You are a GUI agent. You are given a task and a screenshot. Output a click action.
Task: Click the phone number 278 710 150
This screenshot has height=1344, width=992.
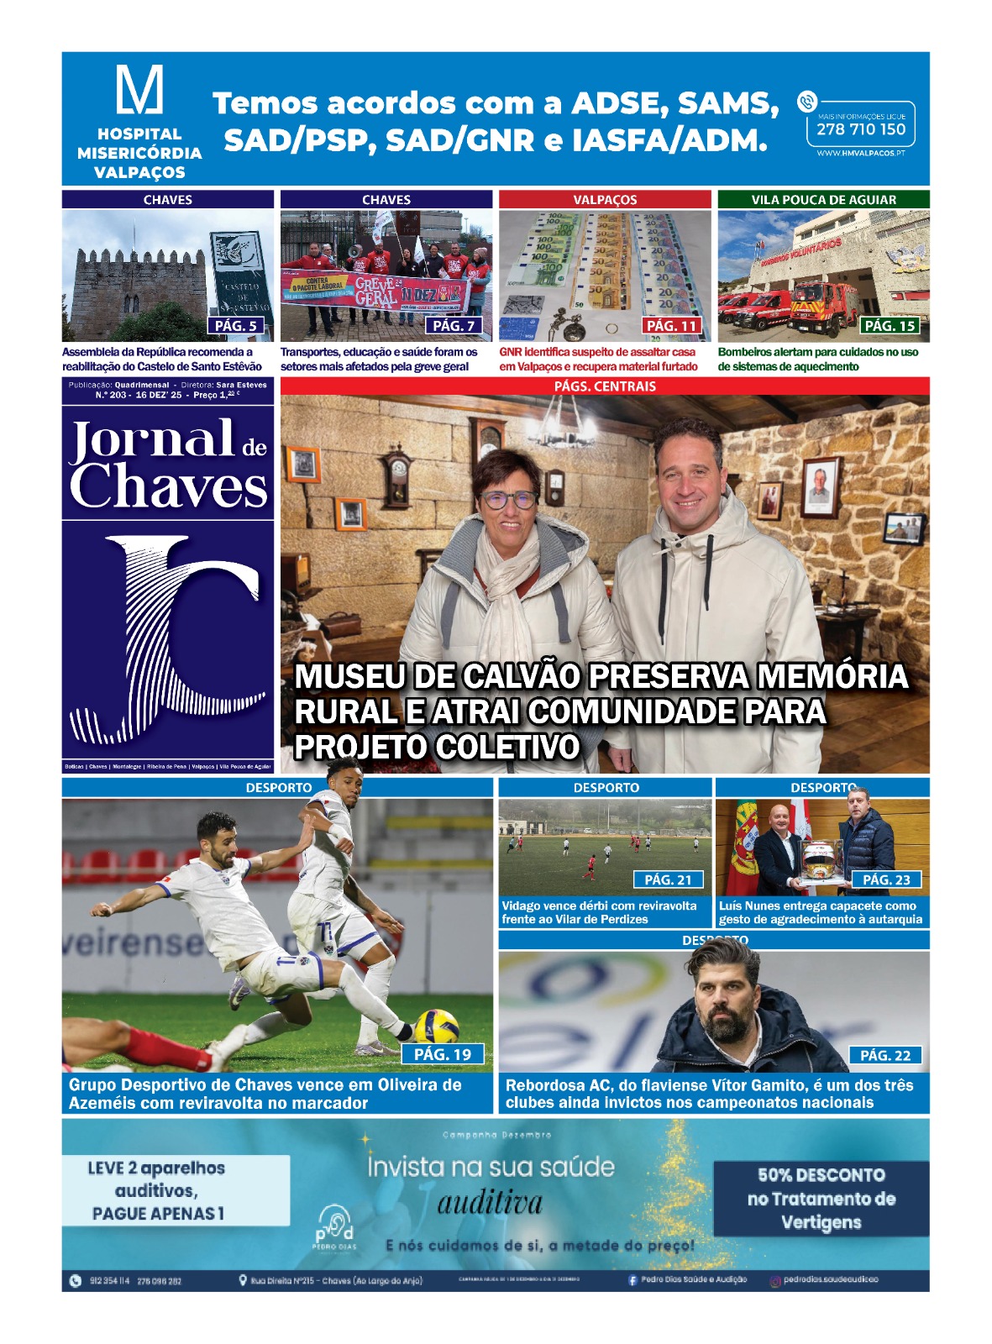coord(861,129)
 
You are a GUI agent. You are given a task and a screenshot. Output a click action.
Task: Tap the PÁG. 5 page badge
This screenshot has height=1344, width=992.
coord(236,326)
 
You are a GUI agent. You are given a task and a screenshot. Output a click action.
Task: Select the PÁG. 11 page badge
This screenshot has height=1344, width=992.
coord(671,326)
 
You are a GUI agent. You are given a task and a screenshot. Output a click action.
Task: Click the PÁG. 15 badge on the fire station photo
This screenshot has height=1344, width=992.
coord(890,326)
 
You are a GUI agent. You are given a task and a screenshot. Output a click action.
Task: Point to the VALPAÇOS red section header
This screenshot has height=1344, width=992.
coord(605,200)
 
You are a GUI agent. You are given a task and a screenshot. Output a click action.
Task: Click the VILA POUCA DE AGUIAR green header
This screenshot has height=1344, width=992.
coord(823,200)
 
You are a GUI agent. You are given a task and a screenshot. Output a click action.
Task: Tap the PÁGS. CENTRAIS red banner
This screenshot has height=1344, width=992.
coord(605,386)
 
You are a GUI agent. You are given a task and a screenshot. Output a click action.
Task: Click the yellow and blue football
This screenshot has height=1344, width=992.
coord(436,1026)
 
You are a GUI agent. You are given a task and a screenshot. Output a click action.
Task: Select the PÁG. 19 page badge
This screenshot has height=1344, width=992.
coord(443,1054)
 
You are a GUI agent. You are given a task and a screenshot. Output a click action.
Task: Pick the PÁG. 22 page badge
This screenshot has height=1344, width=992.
coord(885,1056)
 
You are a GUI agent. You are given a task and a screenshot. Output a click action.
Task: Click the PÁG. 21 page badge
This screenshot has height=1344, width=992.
coord(668,879)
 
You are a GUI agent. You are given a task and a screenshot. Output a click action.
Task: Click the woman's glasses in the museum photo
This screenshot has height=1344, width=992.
coord(507,499)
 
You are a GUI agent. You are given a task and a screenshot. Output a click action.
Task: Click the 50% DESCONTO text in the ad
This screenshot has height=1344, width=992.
coord(821,1175)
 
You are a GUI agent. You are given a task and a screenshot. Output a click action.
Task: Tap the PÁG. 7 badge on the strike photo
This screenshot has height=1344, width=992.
coord(454,326)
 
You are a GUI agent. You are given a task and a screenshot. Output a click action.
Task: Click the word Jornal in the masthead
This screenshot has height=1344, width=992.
coord(152,440)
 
